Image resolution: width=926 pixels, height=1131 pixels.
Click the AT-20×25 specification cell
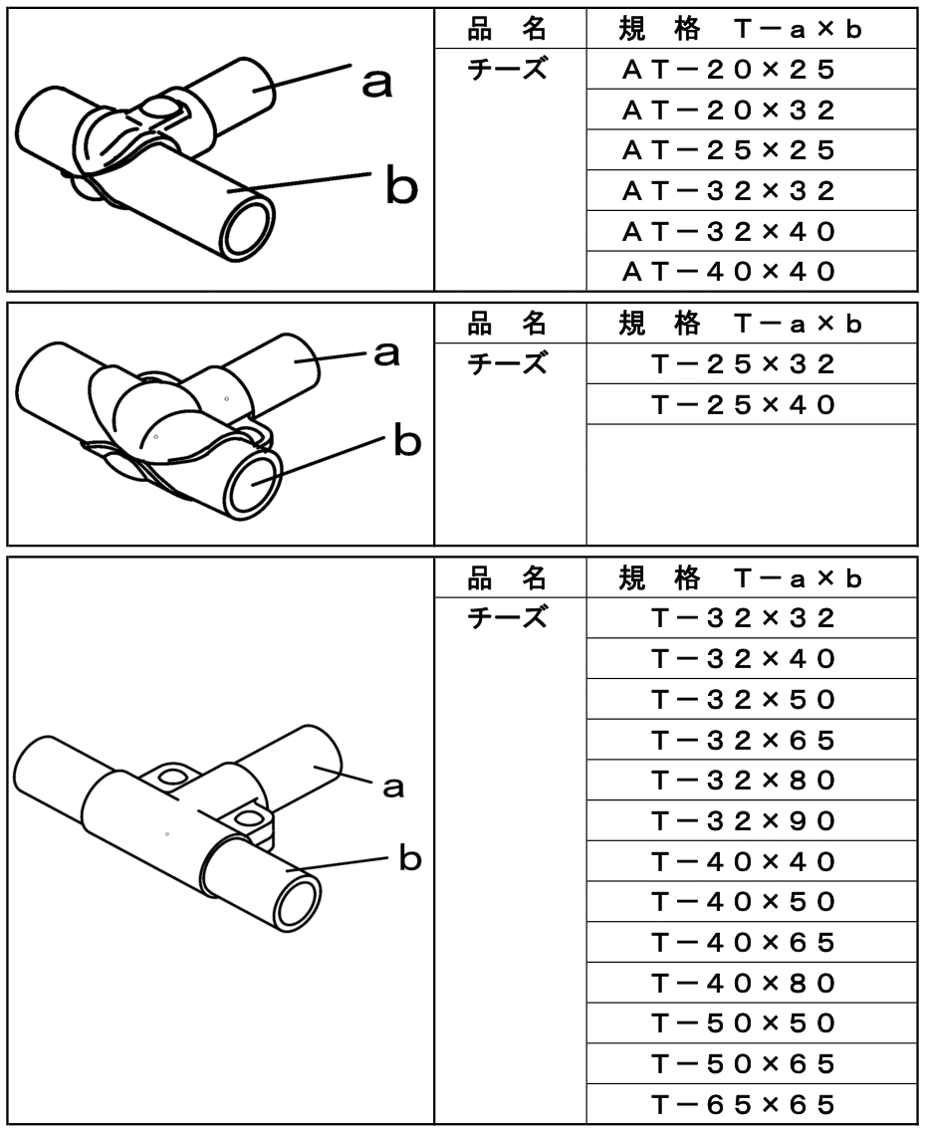[729, 70]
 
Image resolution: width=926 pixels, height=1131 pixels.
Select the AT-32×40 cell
[729, 232]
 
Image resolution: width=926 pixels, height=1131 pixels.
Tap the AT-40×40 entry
[729, 272]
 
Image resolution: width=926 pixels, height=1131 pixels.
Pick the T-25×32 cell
[743, 364]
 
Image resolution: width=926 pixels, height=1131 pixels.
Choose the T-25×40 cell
[743, 405]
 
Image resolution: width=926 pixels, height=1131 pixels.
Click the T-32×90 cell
[743, 821]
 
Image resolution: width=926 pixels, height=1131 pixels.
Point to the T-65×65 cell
[743, 1104]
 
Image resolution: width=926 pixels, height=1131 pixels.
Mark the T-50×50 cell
[743, 1023]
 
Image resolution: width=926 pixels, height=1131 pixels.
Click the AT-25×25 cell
[729, 150]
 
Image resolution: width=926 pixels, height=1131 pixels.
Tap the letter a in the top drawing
[375, 85]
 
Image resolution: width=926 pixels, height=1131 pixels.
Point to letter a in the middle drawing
[386, 352]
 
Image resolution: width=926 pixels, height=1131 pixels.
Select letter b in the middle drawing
[406, 440]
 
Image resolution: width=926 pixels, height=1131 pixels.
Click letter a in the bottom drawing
[393, 788]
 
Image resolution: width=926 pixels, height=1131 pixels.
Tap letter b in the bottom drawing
[409, 858]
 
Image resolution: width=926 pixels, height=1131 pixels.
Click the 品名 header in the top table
[509, 29]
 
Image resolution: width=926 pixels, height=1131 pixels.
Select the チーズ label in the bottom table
[509, 618]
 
